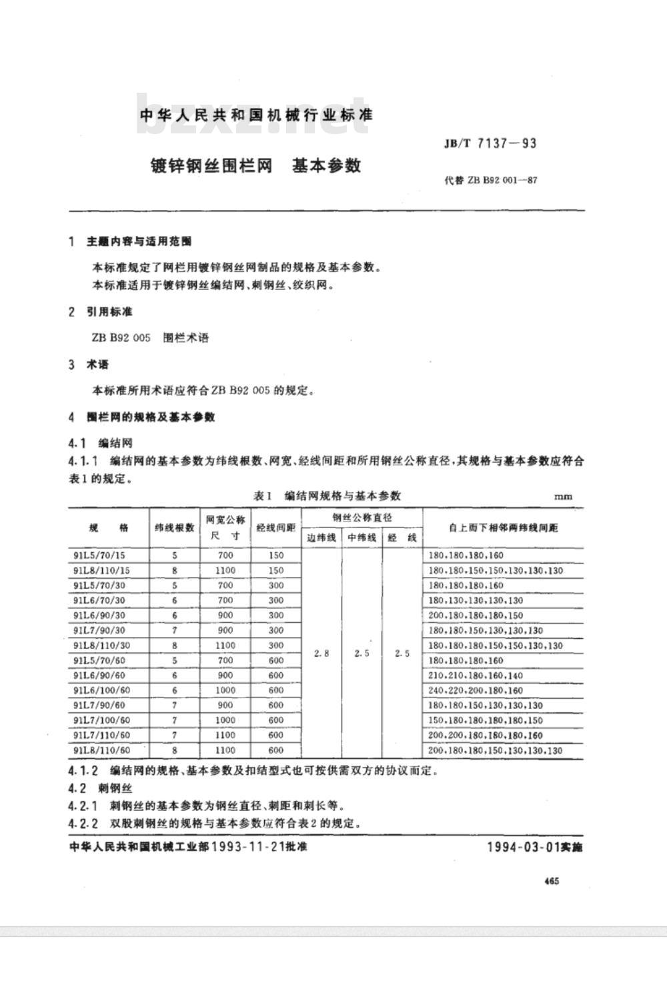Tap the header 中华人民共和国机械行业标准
tap(255, 115)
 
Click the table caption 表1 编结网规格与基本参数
tap(327, 496)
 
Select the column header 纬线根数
tap(175, 528)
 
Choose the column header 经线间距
tap(276, 528)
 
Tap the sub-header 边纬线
tap(321, 538)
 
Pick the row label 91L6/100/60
tap(102, 690)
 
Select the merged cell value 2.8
tap(321, 654)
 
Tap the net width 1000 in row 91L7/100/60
tap(225, 720)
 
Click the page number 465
tap(551, 881)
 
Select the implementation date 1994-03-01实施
tap(534, 848)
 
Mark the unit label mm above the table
tap(563, 497)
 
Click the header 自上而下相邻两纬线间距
tap(504, 528)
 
